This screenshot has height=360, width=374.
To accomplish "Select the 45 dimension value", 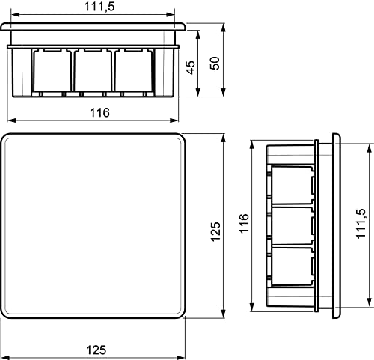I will coord(191,67).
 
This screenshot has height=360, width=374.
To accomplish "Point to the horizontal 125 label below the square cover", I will coord(94,348).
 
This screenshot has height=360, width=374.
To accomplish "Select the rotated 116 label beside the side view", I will coord(243,225).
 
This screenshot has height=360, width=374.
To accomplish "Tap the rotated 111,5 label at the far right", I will coord(361,224).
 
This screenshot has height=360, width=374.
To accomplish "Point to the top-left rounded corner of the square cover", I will coord(8,139).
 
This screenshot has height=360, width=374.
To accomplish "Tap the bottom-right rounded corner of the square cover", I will coord(180,312).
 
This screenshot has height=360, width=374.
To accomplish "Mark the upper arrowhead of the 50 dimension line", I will coord(225,26).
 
